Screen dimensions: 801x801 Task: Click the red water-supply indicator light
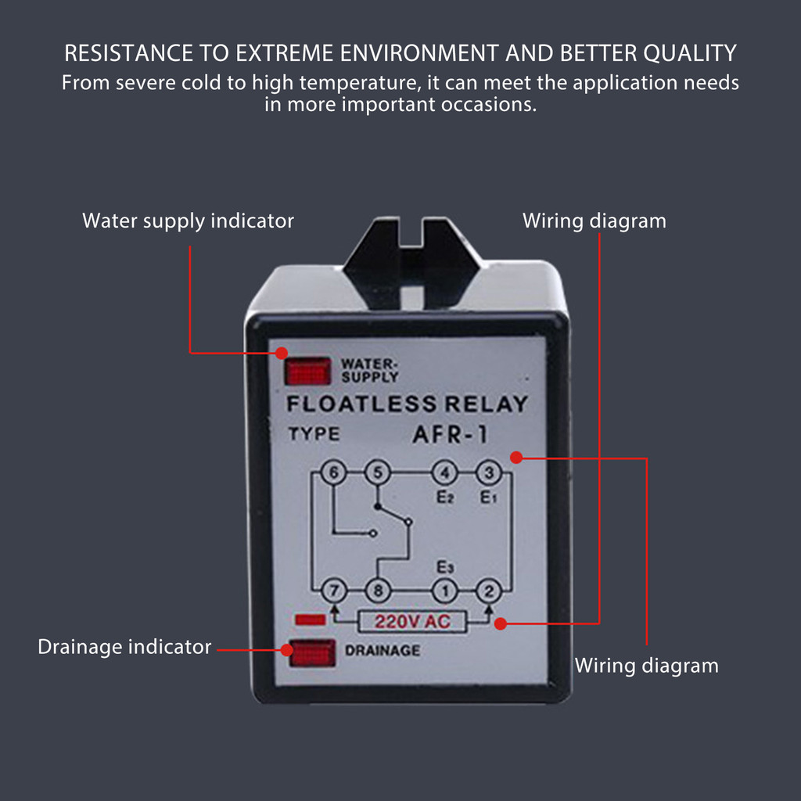307,371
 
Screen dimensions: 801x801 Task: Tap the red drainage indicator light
312,652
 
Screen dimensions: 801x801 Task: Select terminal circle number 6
333,473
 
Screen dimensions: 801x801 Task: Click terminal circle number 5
377,473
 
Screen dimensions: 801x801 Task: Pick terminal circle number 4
444,473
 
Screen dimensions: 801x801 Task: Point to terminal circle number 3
489,473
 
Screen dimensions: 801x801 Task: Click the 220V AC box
413,622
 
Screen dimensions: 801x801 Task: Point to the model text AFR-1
449,435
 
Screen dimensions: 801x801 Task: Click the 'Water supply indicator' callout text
188,221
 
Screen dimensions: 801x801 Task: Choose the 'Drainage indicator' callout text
124,647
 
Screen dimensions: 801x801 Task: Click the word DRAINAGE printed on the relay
383,650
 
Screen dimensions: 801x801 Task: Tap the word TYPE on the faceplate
314,434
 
